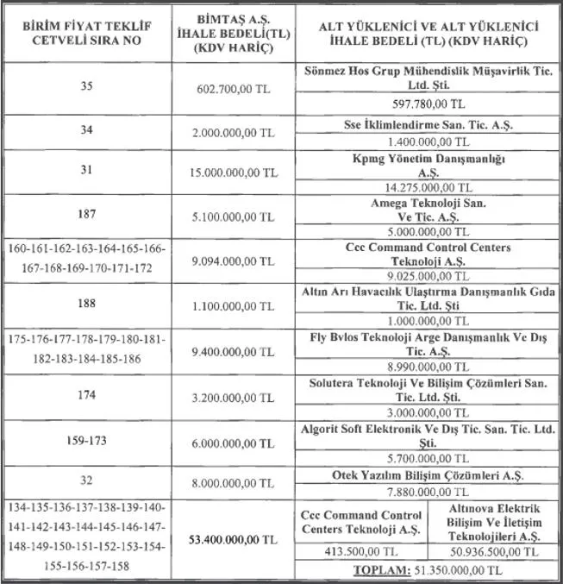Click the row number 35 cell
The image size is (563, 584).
click(84, 87)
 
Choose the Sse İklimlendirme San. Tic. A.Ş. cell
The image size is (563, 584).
click(429, 125)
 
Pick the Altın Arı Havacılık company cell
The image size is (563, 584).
click(429, 298)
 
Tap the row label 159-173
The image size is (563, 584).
click(84, 438)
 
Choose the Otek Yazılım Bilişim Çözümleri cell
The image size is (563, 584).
click(429, 474)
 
